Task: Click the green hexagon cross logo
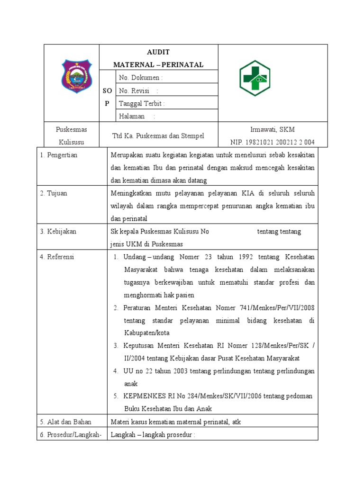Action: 254,78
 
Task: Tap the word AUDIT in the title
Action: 158,52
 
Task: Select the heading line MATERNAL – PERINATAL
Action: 158,64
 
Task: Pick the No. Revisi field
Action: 138,90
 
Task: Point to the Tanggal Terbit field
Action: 142,103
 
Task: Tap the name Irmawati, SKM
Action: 273,129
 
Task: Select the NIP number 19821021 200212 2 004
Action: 273,142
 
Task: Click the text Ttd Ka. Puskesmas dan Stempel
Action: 158,136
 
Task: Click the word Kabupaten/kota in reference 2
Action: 146,333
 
